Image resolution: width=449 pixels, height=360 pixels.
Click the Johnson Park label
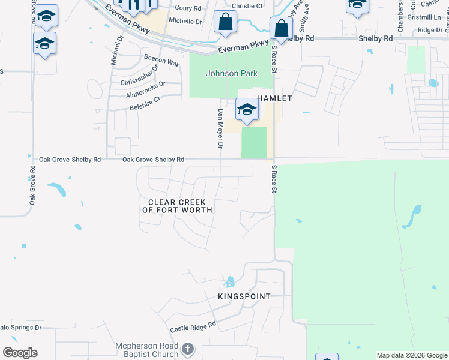click(x=231, y=74)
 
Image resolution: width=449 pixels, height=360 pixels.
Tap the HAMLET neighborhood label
click(x=274, y=98)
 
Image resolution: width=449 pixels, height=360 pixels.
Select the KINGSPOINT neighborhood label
click(x=244, y=296)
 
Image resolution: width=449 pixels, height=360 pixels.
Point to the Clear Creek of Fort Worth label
click(x=177, y=206)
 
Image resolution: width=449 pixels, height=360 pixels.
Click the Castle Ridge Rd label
click(x=193, y=328)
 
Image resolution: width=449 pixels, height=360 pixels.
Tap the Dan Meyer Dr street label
click(x=220, y=129)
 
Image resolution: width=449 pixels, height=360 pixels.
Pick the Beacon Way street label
click(x=161, y=60)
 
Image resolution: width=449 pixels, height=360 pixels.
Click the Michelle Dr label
click(x=185, y=21)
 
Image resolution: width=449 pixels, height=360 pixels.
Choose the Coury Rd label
click(x=188, y=8)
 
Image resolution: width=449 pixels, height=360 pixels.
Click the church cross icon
click(x=188, y=349)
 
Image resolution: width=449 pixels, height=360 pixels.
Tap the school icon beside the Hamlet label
click(x=246, y=110)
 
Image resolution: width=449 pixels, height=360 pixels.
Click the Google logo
click(x=20, y=353)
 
